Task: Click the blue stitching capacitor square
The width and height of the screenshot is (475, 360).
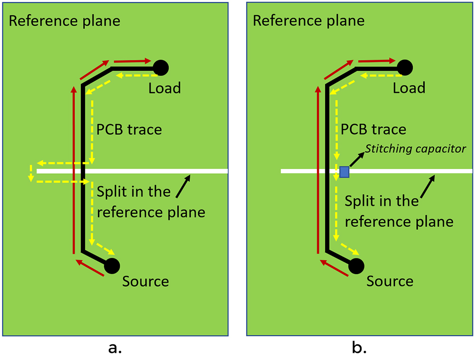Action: (344, 171)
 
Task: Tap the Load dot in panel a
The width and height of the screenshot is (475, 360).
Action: (161, 68)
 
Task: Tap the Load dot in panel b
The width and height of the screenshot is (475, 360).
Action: (405, 68)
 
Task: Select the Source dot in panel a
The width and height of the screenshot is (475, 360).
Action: (112, 266)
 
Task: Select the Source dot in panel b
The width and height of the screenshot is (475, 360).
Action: (356, 266)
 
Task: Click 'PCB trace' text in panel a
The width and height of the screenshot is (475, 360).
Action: (129, 129)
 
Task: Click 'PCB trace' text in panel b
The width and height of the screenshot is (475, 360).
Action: (373, 129)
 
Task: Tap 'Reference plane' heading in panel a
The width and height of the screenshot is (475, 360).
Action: (65, 21)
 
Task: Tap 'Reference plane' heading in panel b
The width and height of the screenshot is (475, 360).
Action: (309, 21)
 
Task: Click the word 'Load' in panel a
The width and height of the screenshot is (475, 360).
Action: (164, 88)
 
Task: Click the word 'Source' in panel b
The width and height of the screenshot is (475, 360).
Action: (389, 281)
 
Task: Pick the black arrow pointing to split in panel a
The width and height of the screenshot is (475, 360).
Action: (183, 187)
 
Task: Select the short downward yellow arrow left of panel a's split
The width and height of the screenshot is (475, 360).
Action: (30, 174)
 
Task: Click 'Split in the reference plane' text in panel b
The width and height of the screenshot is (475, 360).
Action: (399, 211)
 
